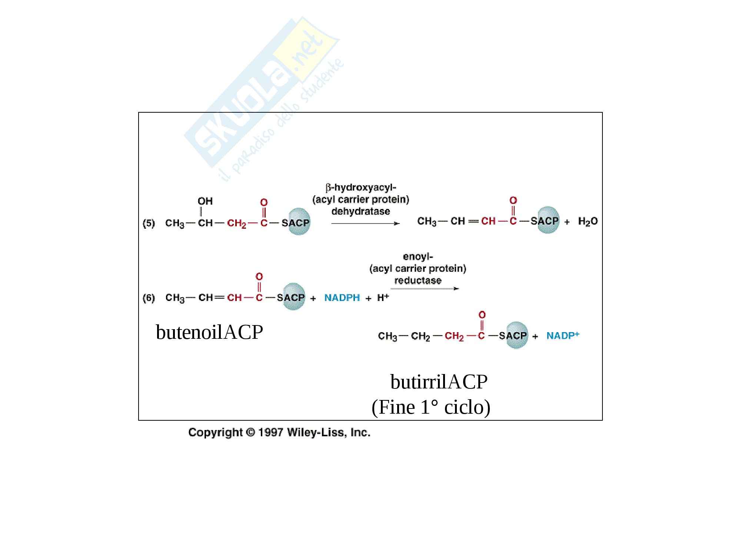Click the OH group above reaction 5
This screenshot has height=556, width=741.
pyautogui.click(x=205, y=201)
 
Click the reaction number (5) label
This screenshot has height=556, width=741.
pyautogui.click(x=149, y=223)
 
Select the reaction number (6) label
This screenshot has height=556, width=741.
pyautogui.click(x=149, y=298)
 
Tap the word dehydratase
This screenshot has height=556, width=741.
pyautogui.click(x=360, y=211)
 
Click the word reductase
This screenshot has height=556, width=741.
pyautogui.click(x=418, y=280)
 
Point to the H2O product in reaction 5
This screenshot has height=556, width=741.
pyautogui.click(x=588, y=222)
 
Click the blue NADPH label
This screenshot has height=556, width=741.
pyautogui.click(x=342, y=298)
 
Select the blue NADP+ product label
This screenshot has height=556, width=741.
pyautogui.click(x=562, y=335)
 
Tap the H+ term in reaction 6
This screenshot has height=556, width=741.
pyautogui.click(x=383, y=297)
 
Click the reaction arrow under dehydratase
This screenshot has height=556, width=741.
pyautogui.click(x=365, y=224)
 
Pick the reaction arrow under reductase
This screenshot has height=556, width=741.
pyautogui.click(x=425, y=288)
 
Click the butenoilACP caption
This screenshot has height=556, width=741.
pyautogui.click(x=209, y=332)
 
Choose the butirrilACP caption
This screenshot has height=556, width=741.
pyautogui.click(x=439, y=382)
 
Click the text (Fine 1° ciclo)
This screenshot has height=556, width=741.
pyautogui.click(x=431, y=407)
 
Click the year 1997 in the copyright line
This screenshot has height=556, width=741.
pyautogui.click(x=271, y=433)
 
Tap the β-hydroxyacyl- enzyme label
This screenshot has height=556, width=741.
pyautogui.click(x=360, y=188)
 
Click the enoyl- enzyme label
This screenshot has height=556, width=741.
pyautogui.click(x=418, y=257)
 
